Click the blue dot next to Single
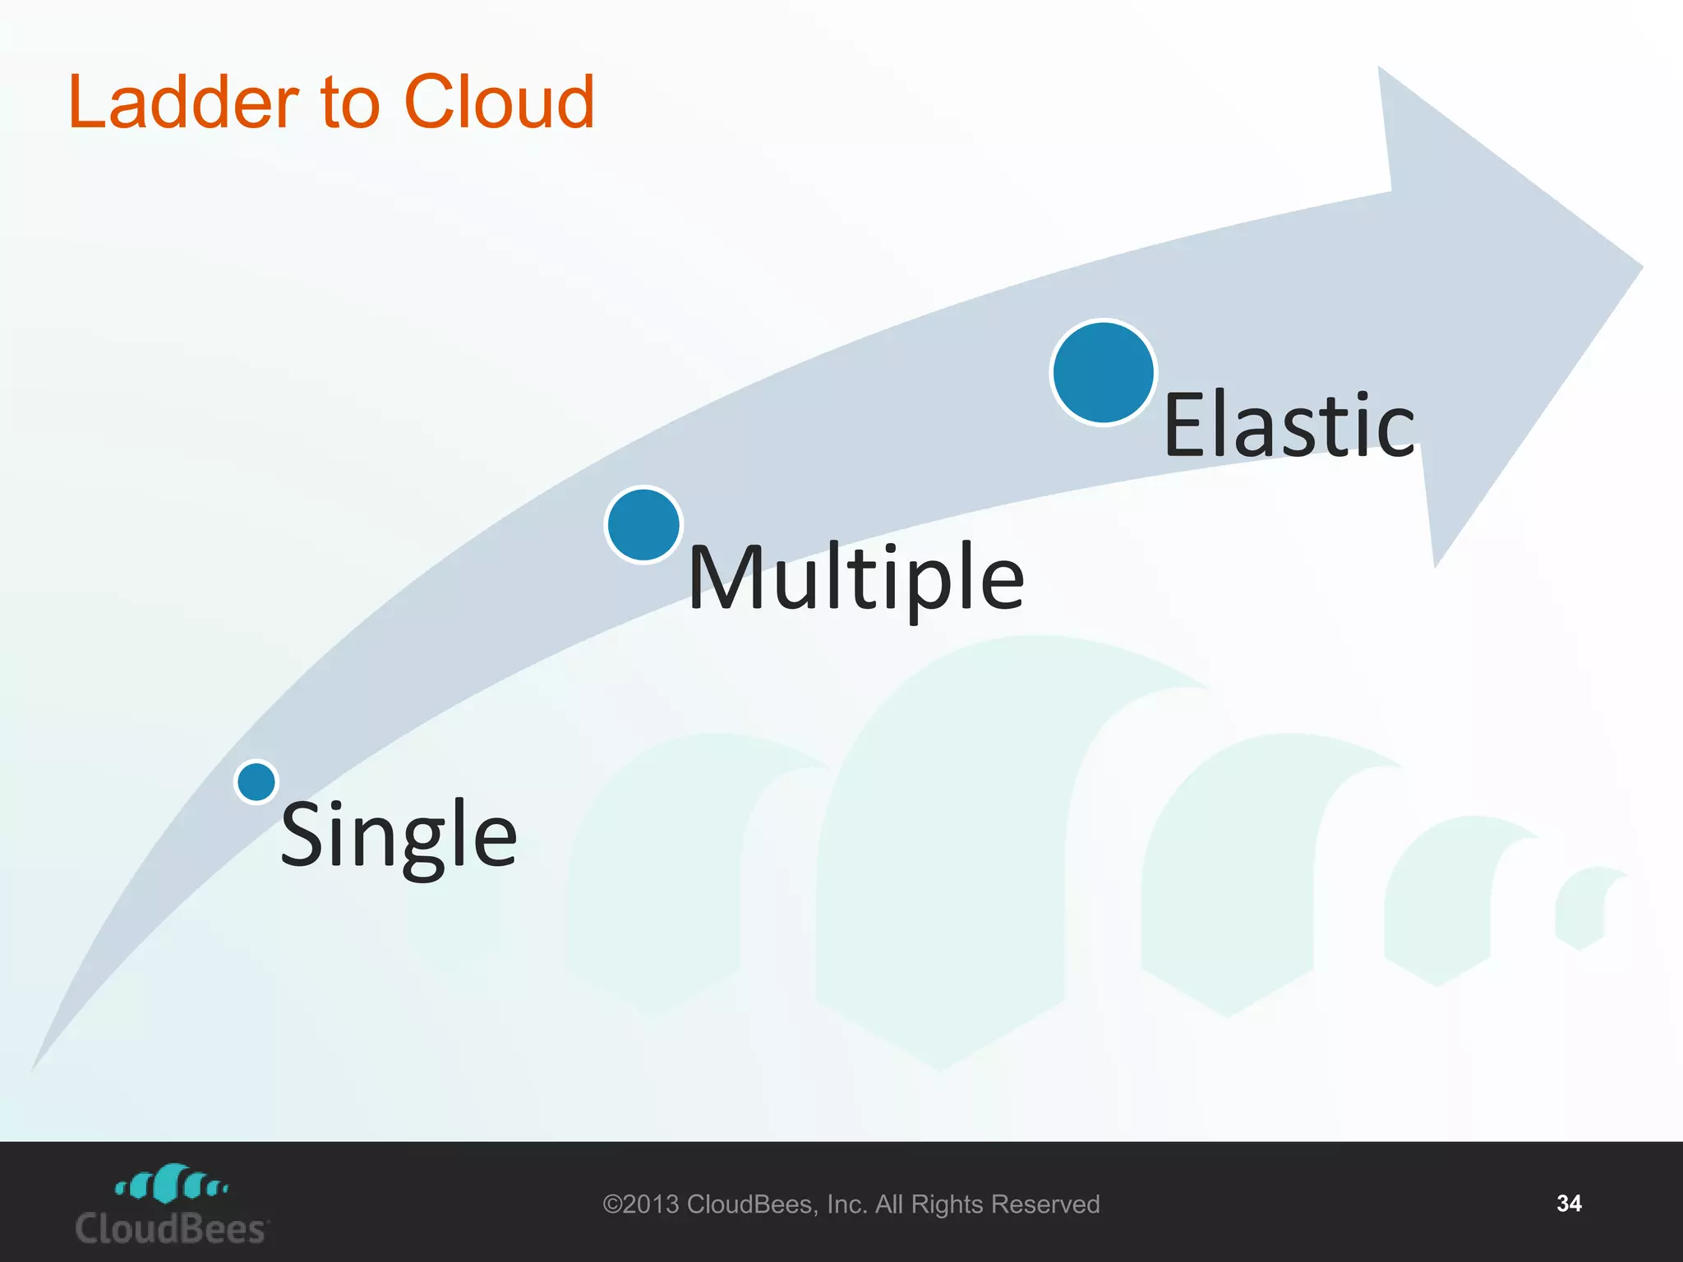256,781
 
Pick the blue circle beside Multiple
643,525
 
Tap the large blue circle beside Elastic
1104,372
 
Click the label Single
399,835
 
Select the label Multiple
856,578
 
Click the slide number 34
1569,1204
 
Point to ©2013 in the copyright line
641,1204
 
